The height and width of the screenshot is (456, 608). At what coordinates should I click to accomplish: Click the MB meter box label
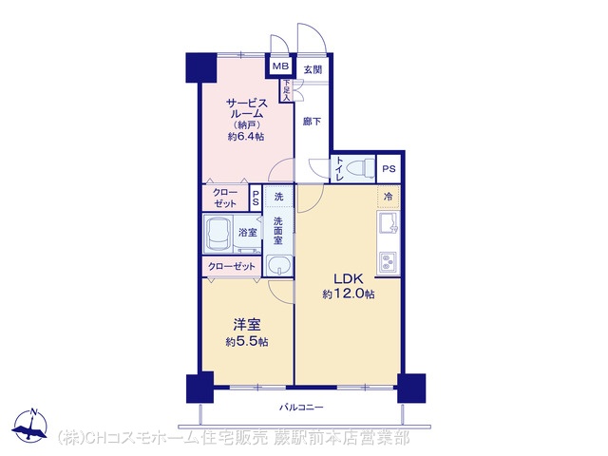pos(281,66)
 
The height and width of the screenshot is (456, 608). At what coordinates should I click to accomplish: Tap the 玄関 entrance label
pos(313,70)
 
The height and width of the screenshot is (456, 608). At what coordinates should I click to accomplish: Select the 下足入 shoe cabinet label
pos(287,90)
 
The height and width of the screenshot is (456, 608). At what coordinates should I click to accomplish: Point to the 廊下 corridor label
pos(313,122)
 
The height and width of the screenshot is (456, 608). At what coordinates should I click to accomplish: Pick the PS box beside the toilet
pos(389,169)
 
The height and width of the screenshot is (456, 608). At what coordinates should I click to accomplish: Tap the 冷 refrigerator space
pos(389,197)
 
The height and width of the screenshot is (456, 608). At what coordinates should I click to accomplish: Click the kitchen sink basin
pos(389,224)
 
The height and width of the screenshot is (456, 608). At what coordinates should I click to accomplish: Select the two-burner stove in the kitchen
pos(388,262)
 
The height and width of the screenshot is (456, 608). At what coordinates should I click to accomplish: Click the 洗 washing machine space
pos(278,197)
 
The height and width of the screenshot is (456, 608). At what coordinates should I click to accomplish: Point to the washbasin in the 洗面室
pos(279,266)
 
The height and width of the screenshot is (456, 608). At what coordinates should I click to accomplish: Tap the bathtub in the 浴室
pos(218,234)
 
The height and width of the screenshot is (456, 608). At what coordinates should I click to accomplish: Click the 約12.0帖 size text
pos(349,294)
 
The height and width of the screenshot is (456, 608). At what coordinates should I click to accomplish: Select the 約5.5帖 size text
pos(247,342)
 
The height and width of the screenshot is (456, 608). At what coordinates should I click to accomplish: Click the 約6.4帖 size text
pos(246,137)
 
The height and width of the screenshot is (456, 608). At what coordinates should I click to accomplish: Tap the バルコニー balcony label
pos(302,408)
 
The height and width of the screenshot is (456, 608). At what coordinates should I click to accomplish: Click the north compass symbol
pos(30,426)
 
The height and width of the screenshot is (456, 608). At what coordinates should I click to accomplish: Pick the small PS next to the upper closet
pos(256,199)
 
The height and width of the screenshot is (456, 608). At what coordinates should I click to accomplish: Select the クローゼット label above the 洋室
pos(232,266)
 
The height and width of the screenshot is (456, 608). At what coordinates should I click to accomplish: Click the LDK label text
pos(349,279)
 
